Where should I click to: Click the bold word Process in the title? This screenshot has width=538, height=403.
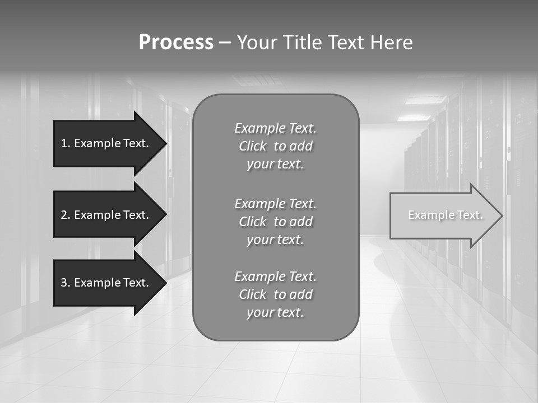[176, 43]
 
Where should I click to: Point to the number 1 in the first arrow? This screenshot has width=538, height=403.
[63, 143]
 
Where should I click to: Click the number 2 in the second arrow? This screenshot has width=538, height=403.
[64, 215]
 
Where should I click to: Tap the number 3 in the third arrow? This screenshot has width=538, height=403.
[64, 283]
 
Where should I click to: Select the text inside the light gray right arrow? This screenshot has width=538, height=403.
[445, 215]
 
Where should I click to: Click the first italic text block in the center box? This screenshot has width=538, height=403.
[275, 146]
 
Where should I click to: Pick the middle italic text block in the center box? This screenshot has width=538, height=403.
[275, 221]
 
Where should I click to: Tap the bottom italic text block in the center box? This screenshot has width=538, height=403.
[275, 294]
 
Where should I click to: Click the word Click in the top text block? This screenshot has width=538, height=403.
[252, 146]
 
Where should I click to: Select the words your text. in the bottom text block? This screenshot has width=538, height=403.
[275, 313]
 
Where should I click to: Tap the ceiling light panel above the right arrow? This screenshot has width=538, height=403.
[426, 100]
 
